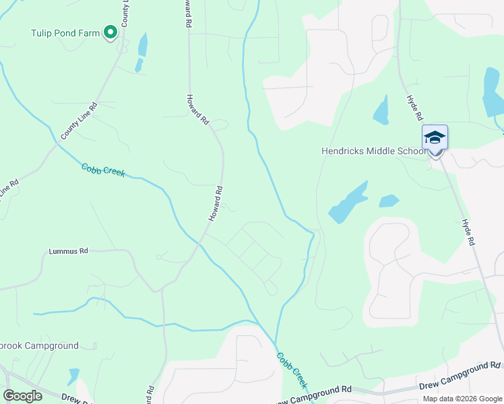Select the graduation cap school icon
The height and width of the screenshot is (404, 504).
(435, 138)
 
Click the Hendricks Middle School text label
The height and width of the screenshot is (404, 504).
(374, 151)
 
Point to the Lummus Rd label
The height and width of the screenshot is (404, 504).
(68, 251)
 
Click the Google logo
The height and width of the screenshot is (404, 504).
(22, 395)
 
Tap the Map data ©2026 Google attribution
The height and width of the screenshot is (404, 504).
(462, 399)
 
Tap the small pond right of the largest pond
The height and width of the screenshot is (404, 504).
(389, 201)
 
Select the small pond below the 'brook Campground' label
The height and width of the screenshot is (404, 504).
(73, 376)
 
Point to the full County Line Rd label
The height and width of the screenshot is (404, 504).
(79, 121)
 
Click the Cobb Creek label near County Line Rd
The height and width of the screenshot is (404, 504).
(103, 170)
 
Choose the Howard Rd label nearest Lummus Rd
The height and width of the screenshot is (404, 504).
(215, 204)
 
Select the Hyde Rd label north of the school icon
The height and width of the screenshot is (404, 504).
(413, 107)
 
